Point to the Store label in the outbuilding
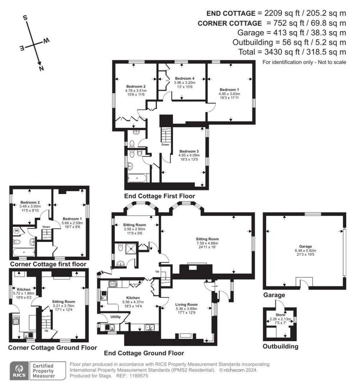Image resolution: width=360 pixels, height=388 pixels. pyautogui.click(x=280, y=315)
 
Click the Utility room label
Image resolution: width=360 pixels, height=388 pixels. pyautogui.click(x=116, y=317)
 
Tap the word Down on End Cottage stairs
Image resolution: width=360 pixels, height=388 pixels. pyautogui.click(x=165, y=144)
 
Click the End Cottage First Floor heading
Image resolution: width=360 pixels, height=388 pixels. pyautogui.click(x=160, y=196)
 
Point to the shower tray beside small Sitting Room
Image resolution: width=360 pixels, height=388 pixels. pyautogui.click(x=131, y=248)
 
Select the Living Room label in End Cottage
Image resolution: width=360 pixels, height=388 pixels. pyautogui.click(x=186, y=304)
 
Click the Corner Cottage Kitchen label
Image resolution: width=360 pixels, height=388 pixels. pyautogui.click(x=22, y=289)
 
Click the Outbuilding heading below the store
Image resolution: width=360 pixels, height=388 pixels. pyautogui.click(x=281, y=347)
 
